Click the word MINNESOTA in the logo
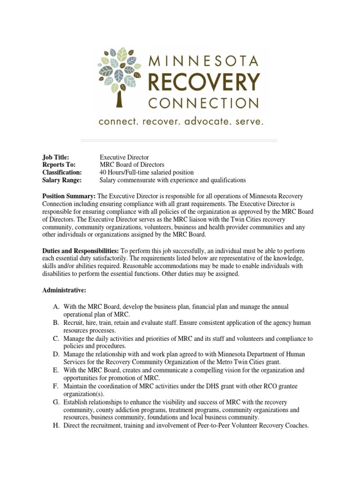[x=203, y=61]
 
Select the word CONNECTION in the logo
[x=203, y=102]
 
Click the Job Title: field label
[x=56, y=157]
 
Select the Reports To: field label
[x=59, y=165]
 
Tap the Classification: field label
[x=62, y=172]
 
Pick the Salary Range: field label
[x=62, y=180]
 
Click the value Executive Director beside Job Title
[x=124, y=157]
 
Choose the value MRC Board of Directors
[x=132, y=165]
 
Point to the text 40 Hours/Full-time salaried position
[x=146, y=172]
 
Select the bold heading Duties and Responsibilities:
[x=81, y=251]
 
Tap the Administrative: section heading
[x=64, y=291]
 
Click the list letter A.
[x=56, y=307]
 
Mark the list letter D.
[x=56, y=354]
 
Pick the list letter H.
[x=56, y=426]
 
